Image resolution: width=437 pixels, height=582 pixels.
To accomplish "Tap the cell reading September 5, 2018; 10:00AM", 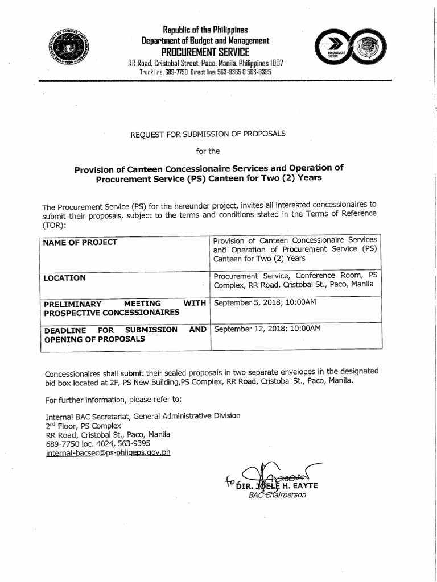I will [265, 302].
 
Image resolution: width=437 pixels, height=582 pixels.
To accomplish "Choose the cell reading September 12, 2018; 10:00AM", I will [267, 329].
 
